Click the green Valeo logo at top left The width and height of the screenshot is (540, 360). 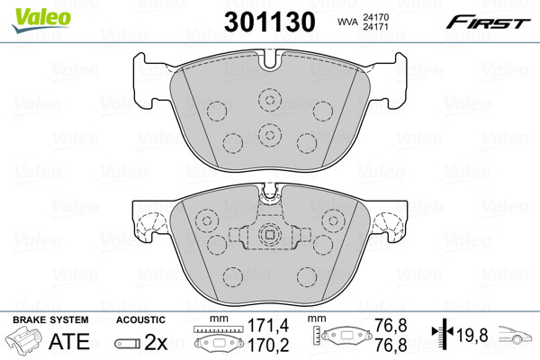[x=41, y=20]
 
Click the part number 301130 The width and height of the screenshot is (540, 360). [x=270, y=22]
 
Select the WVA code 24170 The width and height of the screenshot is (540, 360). [x=375, y=17]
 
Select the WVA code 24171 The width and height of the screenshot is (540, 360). [x=375, y=26]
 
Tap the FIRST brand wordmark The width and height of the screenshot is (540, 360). [x=488, y=22]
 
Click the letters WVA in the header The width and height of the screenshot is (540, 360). [x=348, y=22]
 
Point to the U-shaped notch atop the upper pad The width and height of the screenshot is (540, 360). [x=270, y=59]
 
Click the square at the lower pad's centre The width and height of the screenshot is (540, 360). [x=270, y=235]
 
